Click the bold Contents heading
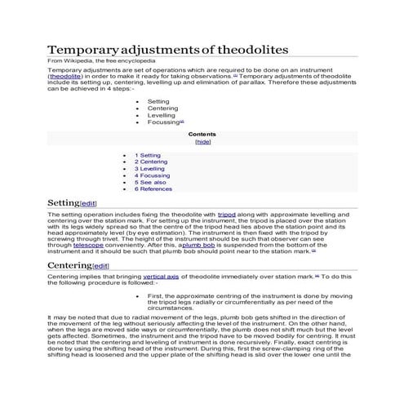tap(202, 133)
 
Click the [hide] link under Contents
tap(202, 141)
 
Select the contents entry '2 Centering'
tap(153, 162)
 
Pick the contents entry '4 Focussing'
tap(153, 175)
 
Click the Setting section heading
tap(63, 202)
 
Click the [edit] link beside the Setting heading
tap(88, 203)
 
